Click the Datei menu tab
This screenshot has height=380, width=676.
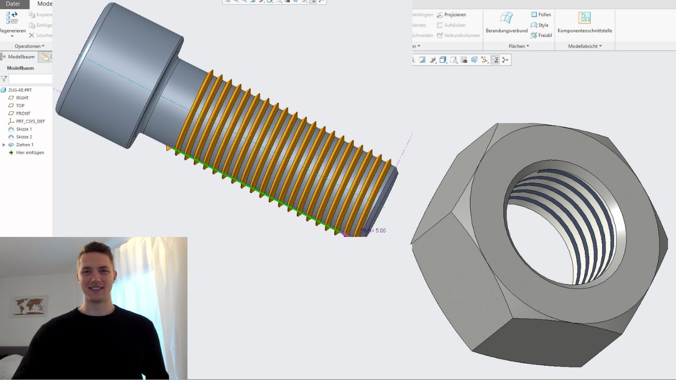[13, 4]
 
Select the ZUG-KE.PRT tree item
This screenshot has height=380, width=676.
[20, 90]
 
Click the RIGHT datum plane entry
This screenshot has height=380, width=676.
[22, 98]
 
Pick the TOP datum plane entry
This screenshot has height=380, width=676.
[20, 106]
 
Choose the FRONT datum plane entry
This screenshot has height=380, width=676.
[23, 113]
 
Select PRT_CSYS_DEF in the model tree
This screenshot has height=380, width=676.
[30, 121]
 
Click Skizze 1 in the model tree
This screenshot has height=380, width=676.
[24, 129]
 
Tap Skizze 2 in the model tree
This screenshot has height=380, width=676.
[24, 137]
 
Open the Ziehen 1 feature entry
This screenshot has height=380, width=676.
[24, 145]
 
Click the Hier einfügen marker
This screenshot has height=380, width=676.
[30, 153]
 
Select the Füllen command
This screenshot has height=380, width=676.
[544, 15]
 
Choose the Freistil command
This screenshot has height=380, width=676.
[544, 35]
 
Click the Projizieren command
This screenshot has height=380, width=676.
[454, 15]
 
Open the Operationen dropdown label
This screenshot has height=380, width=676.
[29, 46]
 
